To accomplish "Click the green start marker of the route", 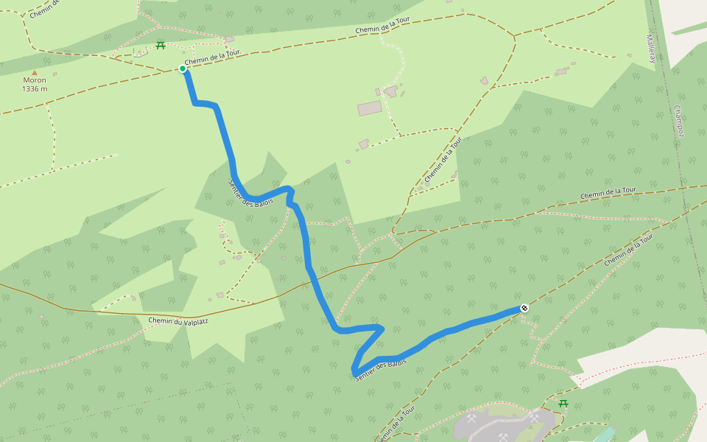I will (x=183, y=69).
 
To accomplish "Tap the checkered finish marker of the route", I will (x=524, y=308).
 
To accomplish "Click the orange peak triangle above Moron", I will (x=34, y=72).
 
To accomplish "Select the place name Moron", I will (x=34, y=80).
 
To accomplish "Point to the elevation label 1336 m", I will (x=35, y=89).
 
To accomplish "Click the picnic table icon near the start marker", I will (x=160, y=46).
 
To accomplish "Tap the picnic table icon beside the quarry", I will (x=563, y=403).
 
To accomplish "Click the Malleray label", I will (x=650, y=48).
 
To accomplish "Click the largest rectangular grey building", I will (x=370, y=108).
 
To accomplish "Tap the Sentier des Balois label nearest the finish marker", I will (x=381, y=369).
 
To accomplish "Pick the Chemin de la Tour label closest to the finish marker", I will (x=629, y=251).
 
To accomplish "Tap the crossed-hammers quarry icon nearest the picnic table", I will (x=534, y=418).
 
